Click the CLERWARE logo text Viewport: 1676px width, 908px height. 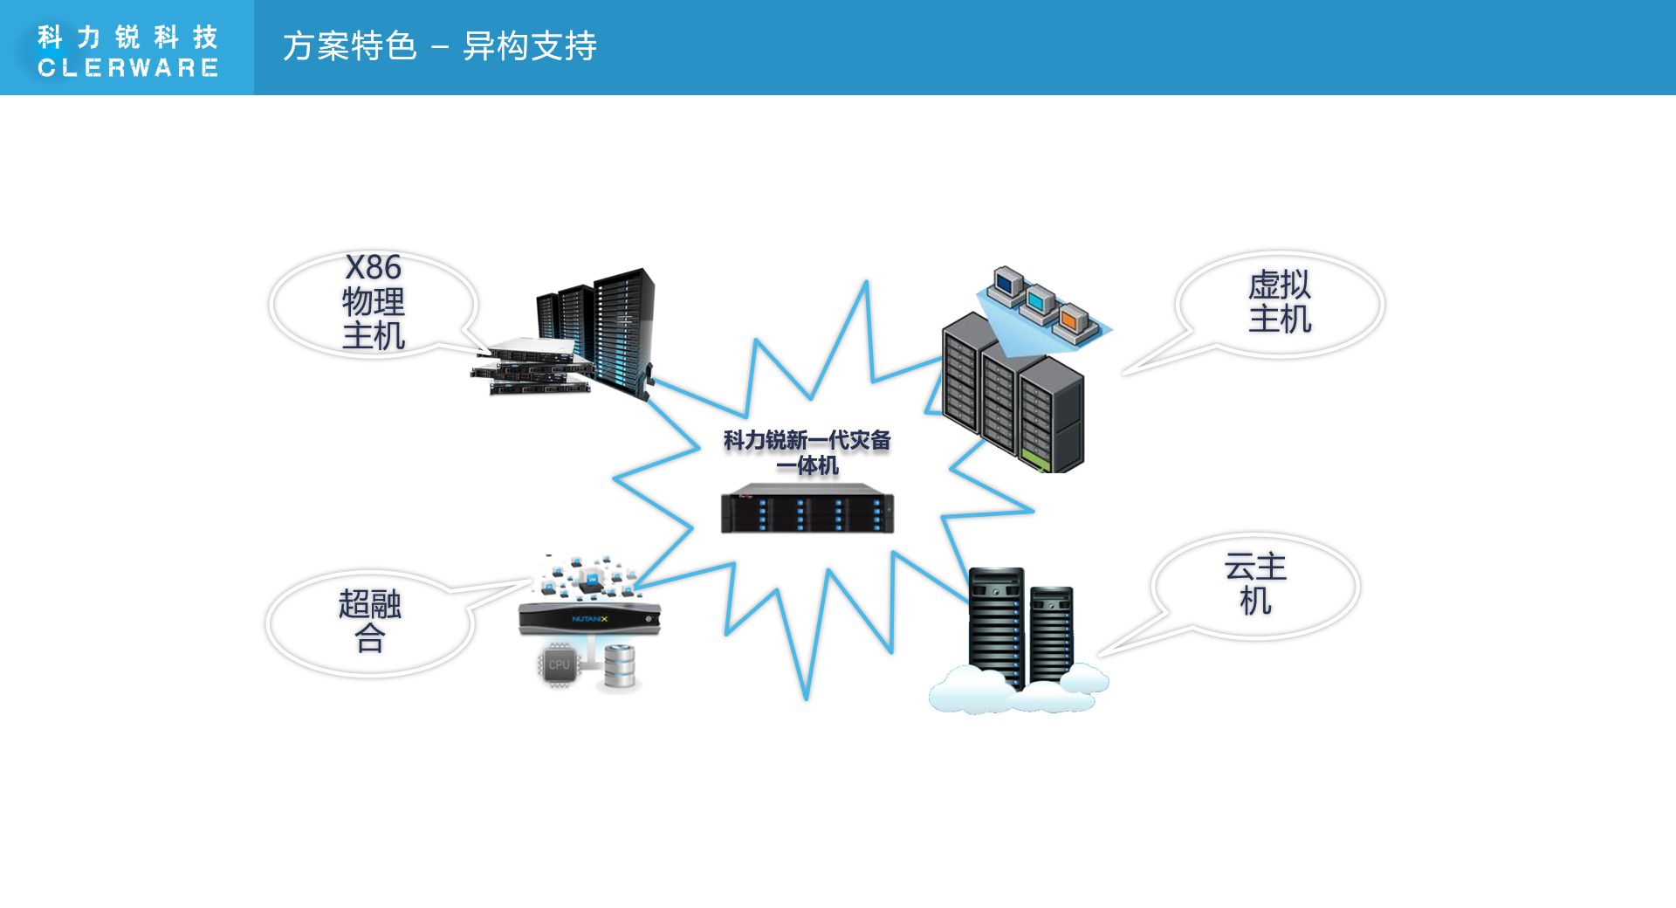[127, 68]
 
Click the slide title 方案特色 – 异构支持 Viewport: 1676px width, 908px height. [439, 46]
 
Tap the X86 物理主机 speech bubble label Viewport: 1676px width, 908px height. [374, 302]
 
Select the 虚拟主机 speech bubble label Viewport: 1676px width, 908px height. [1280, 302]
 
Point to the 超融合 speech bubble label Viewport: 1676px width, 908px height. [370, 621]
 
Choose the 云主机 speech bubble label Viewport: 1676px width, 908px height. [1255, 584]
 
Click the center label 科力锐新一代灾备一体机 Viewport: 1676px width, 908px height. [807, 452]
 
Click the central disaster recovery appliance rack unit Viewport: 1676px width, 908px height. [807, 509]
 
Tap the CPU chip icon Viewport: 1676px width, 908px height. [559, 665]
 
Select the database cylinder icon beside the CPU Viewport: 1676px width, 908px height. [620, 665]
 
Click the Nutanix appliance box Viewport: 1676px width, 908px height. [589, 618]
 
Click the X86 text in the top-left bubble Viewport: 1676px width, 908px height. [374, 267]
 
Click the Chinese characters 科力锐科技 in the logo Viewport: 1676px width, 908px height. [127, 37]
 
